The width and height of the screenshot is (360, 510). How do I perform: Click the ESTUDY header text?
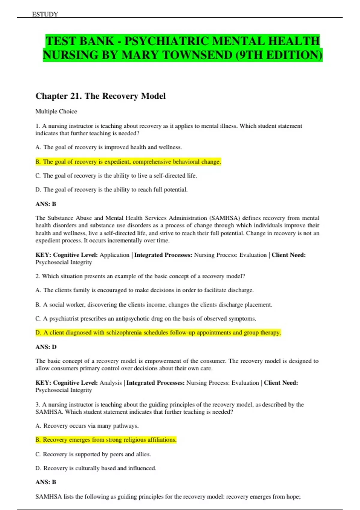tap(45, 14)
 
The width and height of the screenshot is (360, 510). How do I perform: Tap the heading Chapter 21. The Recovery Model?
tap(100, 96)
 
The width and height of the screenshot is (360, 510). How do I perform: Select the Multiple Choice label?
tap(56, 111)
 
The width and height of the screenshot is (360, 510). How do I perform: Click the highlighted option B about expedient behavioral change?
tap(128, 162)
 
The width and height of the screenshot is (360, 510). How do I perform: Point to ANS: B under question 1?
tap(46, 204)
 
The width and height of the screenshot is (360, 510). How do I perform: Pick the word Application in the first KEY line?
tap(114, 255)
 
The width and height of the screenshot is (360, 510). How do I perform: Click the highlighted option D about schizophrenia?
tap(158, 332)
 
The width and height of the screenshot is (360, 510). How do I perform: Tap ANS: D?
tap(46, 347)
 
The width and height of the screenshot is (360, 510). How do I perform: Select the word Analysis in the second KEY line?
tap(110, 383)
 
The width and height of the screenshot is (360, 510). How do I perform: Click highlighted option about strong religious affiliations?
tap(106, 440)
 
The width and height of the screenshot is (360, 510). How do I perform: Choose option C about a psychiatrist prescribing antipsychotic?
tap(146, 319)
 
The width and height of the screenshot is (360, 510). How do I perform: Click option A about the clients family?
tap(145, 290)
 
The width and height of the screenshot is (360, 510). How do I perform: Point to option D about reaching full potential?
tap(111, 190)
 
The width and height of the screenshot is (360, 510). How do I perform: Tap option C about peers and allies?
tap(93, 454)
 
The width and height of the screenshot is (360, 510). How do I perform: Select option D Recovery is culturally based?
tap(96, 468)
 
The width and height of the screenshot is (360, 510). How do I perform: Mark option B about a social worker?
tap(154, 304)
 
